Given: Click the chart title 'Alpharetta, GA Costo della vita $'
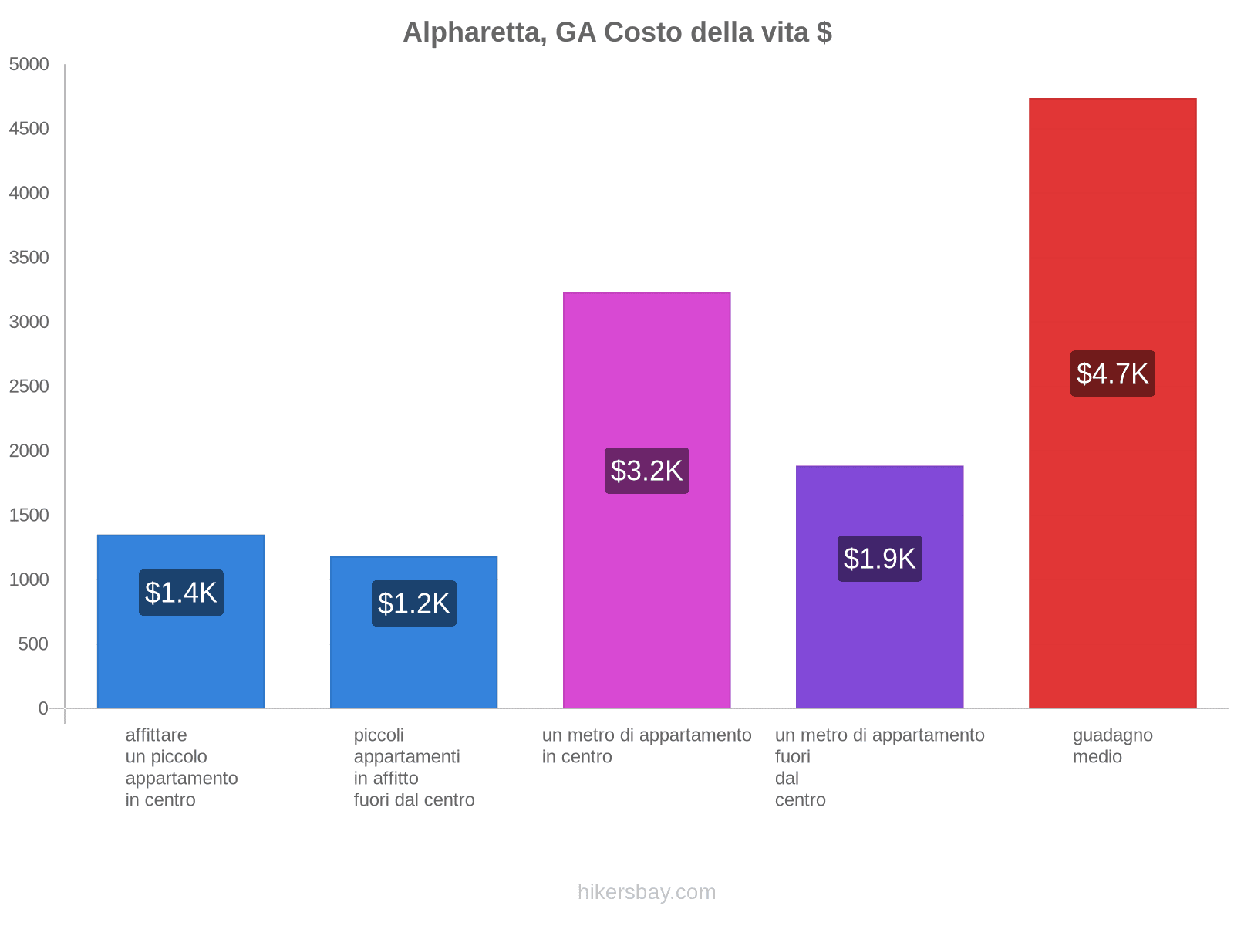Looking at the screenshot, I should (617, 32).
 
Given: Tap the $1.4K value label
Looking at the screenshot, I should (181, 593).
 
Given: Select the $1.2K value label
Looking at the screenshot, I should (414, 603).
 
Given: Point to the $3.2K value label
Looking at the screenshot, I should (647, 471).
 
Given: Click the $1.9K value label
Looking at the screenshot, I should (880, 559).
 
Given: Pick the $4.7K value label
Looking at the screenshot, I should (1113, 373).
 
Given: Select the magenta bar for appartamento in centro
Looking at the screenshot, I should (647, 370).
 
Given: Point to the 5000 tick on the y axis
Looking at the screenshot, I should (29, 65).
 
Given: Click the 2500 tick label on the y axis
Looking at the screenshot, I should (29, 387).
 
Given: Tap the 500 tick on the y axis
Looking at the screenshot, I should (34, 644).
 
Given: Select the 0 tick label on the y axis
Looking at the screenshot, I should (43, 708).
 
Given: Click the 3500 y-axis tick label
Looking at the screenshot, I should (29, 258).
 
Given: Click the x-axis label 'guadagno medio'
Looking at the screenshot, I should (1112, 746).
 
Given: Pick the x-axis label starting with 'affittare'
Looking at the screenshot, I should (181, 767).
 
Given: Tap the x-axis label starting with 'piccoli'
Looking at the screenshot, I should (414, 767).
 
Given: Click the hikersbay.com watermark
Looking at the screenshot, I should (647, 892).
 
